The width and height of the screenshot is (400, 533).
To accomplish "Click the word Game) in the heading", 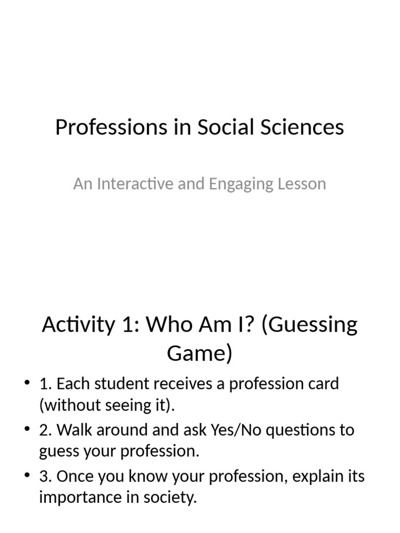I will coord(199,353).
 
